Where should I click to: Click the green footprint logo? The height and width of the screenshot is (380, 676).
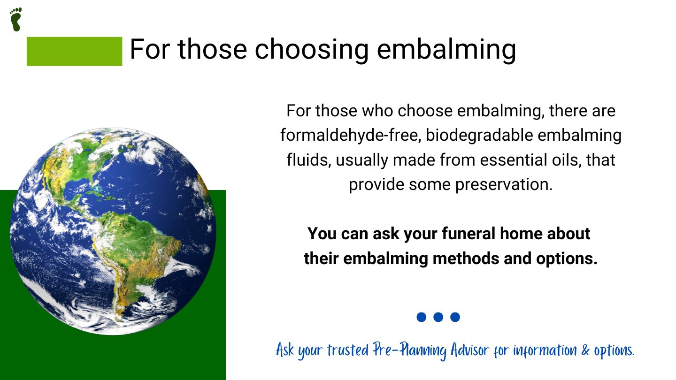tap(15, 19)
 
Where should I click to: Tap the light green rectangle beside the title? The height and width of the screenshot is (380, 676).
tap(74, 51)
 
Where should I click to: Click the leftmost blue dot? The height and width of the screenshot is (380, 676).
tap(421, 317)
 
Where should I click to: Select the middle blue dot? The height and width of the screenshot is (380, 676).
tap(438, 317)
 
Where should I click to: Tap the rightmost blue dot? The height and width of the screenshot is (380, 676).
tap(455, 317)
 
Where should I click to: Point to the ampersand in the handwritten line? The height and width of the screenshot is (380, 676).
tap(585, 350)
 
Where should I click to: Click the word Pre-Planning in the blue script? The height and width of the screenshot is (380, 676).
tap(409, 350)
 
